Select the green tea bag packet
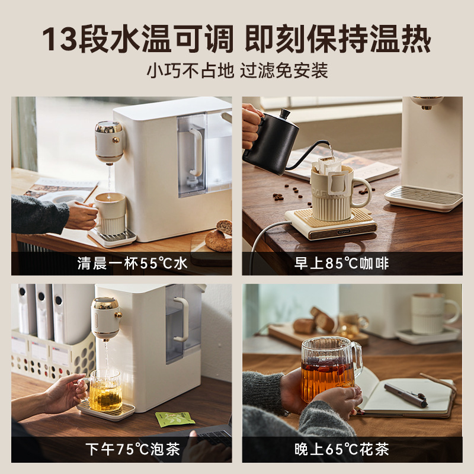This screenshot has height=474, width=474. pyautogui.click(x=175, y=419)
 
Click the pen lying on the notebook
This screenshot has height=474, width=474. pyautogui.click(x=405, y=394)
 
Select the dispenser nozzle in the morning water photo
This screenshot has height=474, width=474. pyautogui.click(x=109, y=143)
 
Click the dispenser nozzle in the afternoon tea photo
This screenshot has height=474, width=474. pyautogui.click(x=107, y=318)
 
